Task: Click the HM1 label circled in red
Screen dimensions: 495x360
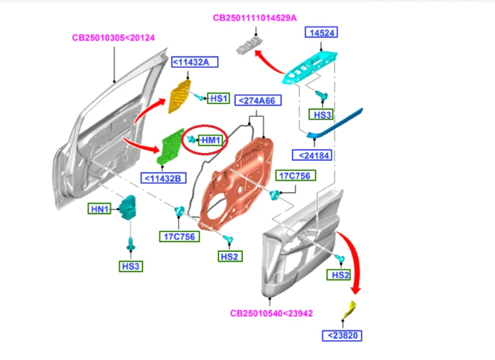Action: tap(211, 140)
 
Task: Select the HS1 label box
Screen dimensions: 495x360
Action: tap(218, 98)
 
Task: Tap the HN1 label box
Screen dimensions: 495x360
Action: tap(100, 209)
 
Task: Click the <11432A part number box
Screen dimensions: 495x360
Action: tap(195, 62)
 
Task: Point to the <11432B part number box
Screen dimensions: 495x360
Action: tap(163, 179)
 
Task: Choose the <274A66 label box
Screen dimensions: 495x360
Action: tap(258, 101)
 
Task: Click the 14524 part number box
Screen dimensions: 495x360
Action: tap(321, 32)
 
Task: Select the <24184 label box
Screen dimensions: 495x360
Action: tap(312, 155)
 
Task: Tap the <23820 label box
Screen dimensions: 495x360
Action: tap(342, 336)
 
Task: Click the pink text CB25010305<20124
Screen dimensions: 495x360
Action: tap(114, 38)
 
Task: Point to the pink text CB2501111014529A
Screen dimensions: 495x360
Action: tap(255, 18)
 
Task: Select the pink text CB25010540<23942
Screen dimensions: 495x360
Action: tap(271, 313)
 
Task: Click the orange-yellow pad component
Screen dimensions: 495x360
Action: tap(180, 96)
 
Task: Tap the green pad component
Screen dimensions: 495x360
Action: tap(170, 146)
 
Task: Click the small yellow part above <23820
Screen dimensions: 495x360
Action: tap(349, 310)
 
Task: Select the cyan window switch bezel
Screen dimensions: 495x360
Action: tap(310, 68)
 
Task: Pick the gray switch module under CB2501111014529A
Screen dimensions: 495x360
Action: tap(249, 45)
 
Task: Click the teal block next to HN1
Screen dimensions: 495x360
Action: tap(128, 208)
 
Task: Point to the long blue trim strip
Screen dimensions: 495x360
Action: tap(335, 124)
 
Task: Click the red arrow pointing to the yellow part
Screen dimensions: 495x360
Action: tap(354, 258)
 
